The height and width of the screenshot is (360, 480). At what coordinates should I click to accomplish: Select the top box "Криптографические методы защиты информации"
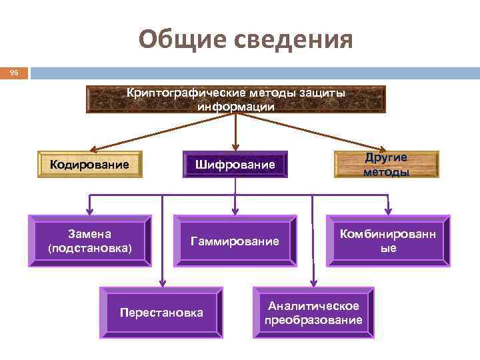point(236,99)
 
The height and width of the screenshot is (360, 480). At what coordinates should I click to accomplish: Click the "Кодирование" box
point(89,164)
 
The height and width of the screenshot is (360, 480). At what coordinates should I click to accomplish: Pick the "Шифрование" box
point(235,164)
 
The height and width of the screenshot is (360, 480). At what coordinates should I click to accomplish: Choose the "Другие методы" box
point(386,164)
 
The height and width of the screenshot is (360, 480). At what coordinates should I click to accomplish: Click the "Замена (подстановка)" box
point(90,241)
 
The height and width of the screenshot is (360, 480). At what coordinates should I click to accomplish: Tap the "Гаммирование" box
point(235,241)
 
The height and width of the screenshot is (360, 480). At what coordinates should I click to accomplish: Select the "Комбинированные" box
point(387,241)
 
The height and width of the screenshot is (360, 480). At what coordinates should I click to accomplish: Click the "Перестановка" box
point(161,312)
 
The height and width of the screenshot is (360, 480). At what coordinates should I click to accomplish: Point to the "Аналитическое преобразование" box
point(313,312)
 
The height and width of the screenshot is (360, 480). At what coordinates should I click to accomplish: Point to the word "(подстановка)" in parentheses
point(90,248)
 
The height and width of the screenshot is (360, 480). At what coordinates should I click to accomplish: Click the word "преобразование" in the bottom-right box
point(313,320)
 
